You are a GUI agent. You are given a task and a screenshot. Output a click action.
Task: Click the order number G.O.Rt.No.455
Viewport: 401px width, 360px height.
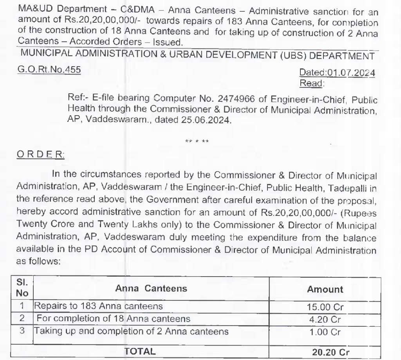[49, 70]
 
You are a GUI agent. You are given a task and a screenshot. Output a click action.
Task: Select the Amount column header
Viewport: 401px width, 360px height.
[325, 289]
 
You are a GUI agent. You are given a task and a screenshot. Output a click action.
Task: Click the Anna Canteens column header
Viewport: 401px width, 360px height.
[151, 289]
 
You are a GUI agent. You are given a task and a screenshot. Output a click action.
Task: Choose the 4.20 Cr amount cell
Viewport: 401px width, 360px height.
[325, 319]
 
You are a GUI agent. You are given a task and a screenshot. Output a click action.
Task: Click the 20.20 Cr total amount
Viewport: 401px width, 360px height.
[331, 352]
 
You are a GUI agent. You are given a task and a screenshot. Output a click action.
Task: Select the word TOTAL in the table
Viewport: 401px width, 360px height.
[140, 351]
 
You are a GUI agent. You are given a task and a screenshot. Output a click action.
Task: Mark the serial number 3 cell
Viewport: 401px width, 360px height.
[23, 331]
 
